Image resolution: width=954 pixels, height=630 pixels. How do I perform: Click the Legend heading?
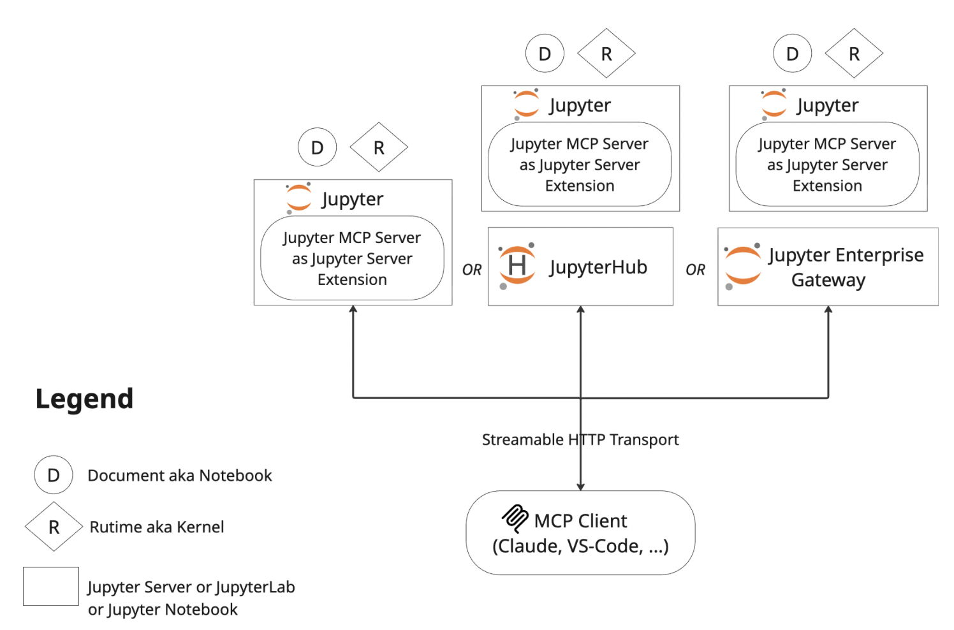coord(84,399)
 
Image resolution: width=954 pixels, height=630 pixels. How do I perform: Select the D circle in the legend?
coord(54,475)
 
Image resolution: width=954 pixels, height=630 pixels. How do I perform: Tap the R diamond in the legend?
coord(54,527)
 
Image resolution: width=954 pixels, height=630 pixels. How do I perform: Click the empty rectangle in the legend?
coord(51,586)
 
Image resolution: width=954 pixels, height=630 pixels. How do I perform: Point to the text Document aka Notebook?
coord(179,476)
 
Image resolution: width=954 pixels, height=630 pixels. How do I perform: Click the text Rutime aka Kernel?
coord(156,527)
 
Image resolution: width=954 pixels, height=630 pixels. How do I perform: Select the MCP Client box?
coord(580,533)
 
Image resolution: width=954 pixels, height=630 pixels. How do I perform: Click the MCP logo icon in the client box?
coord(515,518)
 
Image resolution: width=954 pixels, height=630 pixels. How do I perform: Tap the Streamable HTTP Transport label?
coord(580,440)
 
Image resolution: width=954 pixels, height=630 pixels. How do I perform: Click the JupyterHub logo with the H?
coord(517,266)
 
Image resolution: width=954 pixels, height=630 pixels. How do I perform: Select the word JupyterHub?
coord(598,267)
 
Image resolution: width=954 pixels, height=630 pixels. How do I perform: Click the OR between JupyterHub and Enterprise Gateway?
coord(695,270)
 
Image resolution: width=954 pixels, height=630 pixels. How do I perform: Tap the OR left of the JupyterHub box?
coord(472,270)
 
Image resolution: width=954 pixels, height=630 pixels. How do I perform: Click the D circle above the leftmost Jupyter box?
coord(317,147)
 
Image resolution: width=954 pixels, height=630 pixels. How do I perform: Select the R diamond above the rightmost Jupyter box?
coord(854,54)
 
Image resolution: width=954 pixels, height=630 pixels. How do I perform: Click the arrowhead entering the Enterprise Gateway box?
coord(828,310)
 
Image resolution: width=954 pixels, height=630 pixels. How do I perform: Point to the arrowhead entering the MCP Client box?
coord(580,487)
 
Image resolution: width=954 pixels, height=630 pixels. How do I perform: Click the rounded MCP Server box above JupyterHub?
coord(580,165)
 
